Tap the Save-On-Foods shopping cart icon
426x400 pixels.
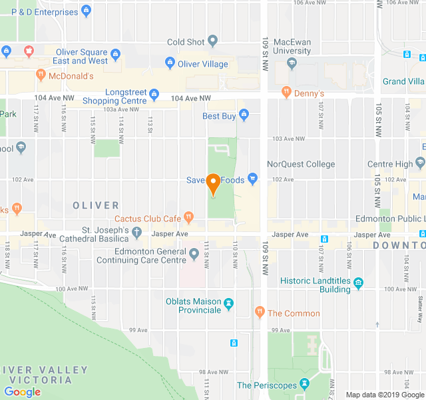(x=252, y=178)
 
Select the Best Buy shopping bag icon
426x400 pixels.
(x=244, y=115)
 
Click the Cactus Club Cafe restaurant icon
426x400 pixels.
(x=189, y=217)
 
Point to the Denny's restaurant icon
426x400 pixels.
(x=286, y=91)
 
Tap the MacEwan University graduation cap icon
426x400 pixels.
(x=292, y=63)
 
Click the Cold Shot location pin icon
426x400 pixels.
(x=213, y=41)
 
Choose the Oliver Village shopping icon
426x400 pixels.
(x=169, y=64)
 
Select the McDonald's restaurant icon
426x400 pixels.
(x=41, y=75)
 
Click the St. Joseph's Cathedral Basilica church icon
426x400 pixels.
(x=137, y=233)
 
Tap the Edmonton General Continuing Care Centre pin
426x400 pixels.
(x=194, y=253)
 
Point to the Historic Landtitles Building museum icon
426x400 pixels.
(x=359, y=283)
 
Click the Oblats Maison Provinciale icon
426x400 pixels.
(x=229, y=304)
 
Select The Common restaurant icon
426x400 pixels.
(x=260, y=312)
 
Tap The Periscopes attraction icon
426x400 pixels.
(x=304, y=384)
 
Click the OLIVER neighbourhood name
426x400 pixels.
(x=96, y=205)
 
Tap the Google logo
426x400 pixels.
(x=22, y=392)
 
